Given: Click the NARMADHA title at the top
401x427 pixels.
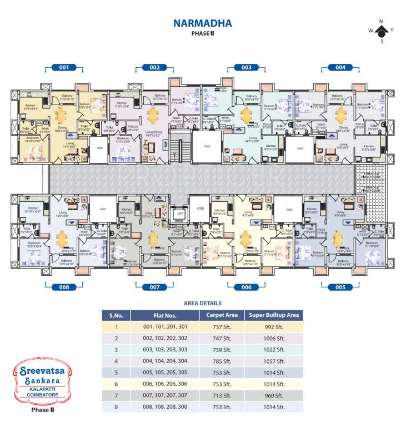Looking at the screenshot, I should [202, 23].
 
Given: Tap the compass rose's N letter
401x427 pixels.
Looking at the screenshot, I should [382, 21].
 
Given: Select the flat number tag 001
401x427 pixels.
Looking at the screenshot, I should [64, 67].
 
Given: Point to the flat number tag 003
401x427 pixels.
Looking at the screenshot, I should [246, 67].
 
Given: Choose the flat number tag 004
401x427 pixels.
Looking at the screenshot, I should [340, 67].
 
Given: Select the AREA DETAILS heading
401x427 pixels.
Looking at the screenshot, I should [202, 303].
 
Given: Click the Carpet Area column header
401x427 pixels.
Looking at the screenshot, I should [222, 315].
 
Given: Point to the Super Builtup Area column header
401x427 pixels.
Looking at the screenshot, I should [274, 315].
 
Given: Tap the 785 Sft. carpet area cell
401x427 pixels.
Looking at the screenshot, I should [222, 361].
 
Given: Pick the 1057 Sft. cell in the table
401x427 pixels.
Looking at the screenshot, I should [274, 361].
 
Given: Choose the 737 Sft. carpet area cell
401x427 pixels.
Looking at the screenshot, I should [222, 327].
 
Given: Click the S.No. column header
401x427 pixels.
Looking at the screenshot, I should [116, 315].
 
